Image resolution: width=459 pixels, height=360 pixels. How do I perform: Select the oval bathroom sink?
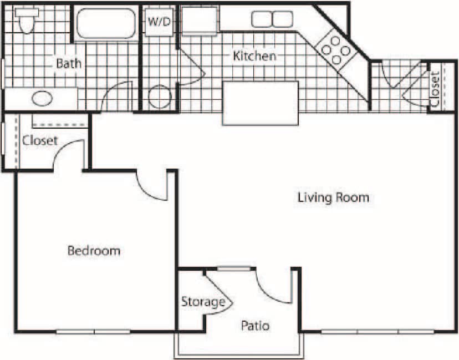tap(41, 99)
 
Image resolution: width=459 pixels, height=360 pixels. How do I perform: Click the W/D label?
tap(159, 22)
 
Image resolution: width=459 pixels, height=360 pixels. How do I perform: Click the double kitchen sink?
tap(272, 19)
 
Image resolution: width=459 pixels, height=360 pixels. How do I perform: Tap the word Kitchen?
tap(254, 56)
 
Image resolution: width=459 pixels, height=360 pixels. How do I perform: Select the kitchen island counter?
tap(260, 103)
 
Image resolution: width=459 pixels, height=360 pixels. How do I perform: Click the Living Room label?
tap(333, 197)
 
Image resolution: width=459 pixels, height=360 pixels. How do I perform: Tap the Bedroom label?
tap(94, 251)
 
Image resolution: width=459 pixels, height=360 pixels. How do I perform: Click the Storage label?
tap(203, 302)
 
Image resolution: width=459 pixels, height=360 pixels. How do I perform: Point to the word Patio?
tap(255, 326)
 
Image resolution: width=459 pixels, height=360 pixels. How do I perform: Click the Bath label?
tap(68, 63)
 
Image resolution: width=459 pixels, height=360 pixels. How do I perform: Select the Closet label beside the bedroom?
tap(40, 141)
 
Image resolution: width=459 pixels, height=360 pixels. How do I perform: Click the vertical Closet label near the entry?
tap(435, 89)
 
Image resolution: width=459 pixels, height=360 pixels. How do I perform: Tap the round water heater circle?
tap(159, 97)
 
